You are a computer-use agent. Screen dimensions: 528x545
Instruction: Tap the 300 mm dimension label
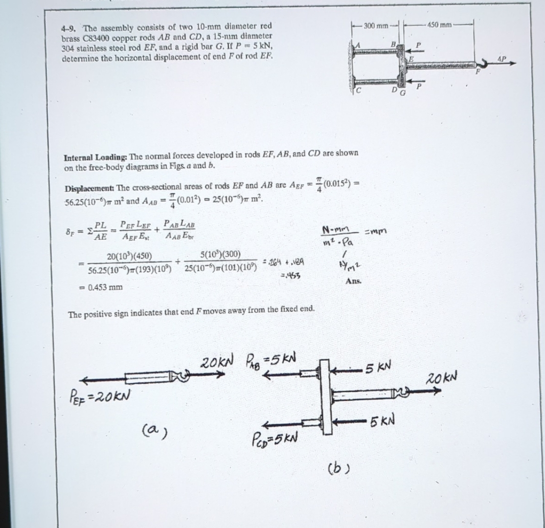tap(375, 25)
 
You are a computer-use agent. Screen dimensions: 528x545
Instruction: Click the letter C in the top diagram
tap(359, 90)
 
